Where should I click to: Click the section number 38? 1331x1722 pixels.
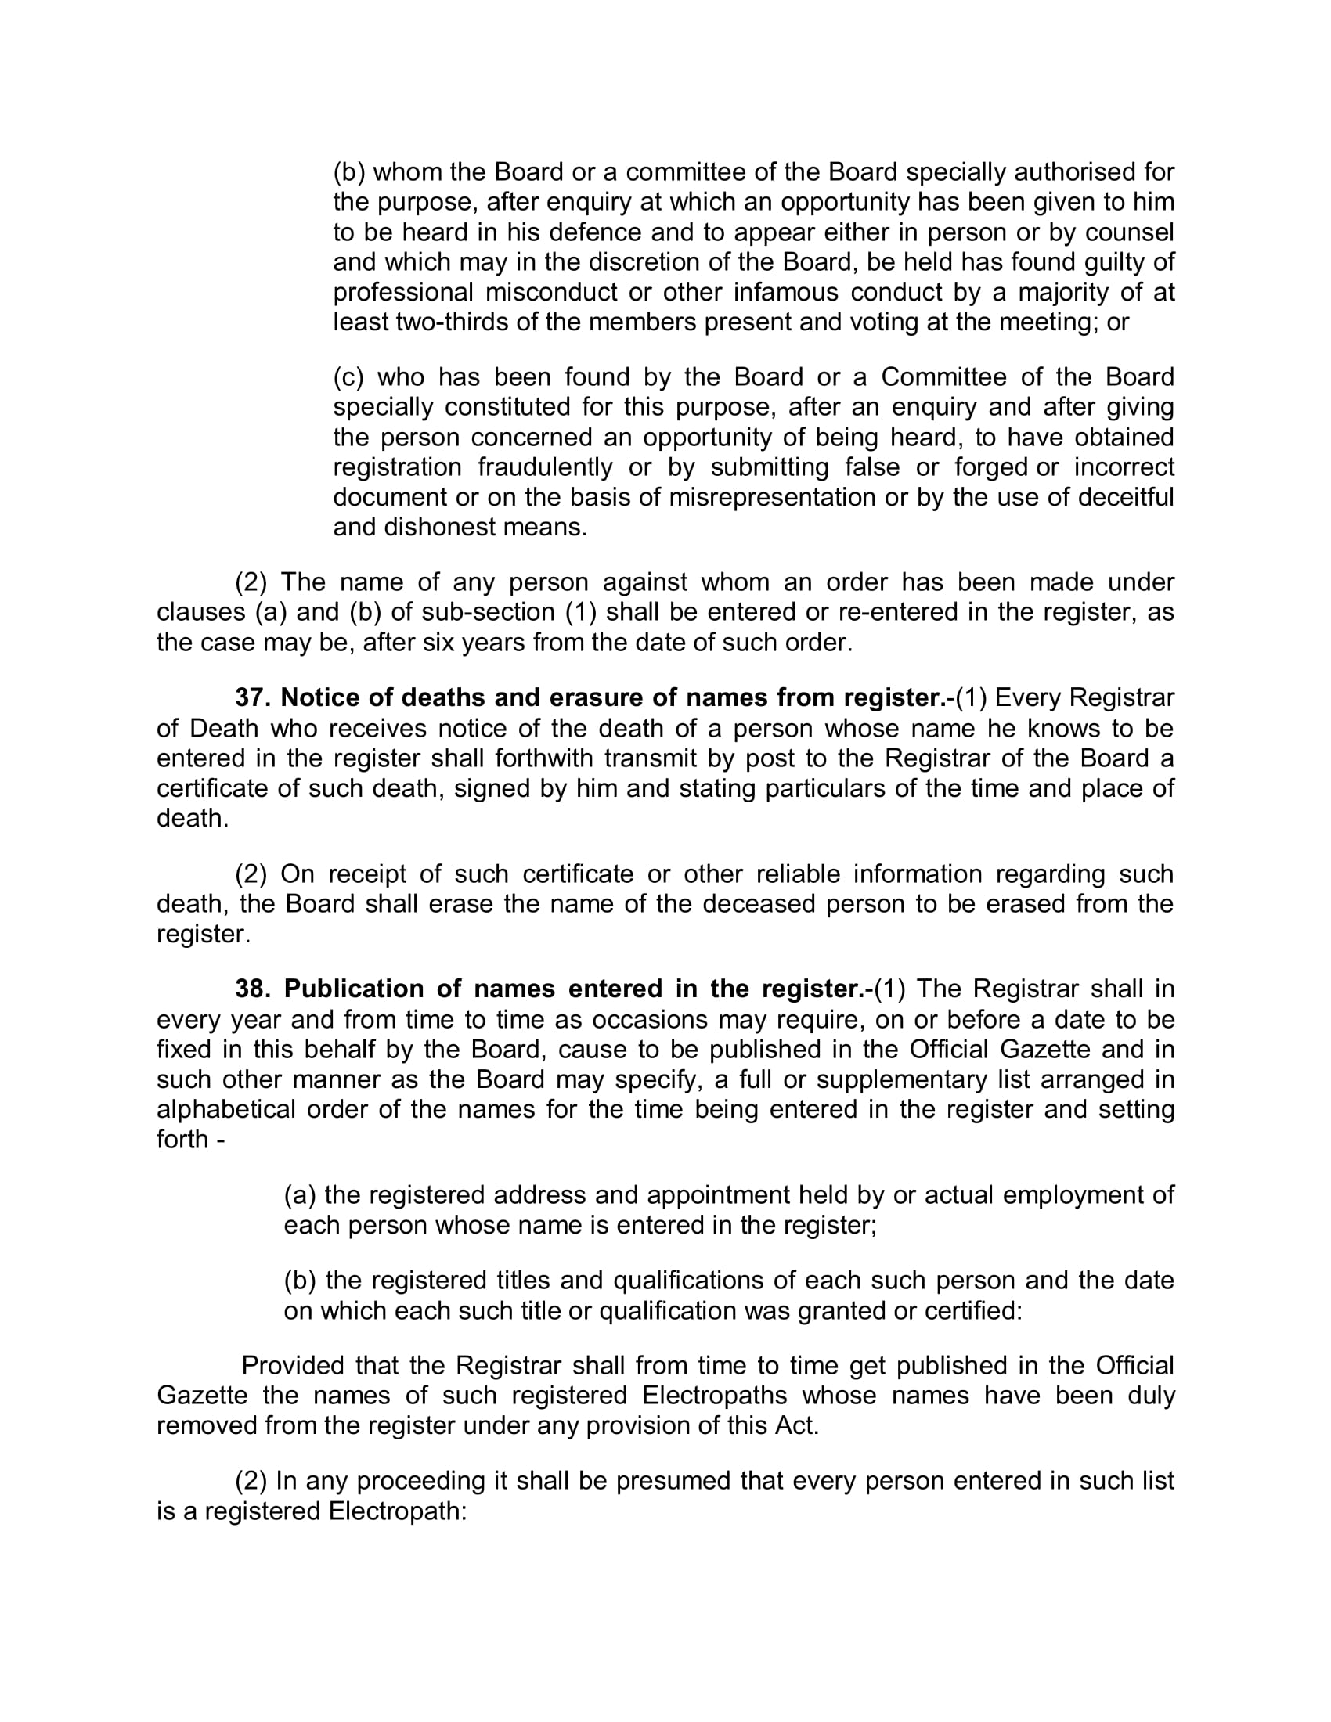pos(252,989)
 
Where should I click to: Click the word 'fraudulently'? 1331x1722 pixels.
pos(545,467)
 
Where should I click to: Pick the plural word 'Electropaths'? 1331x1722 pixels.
pos(714,1396)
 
